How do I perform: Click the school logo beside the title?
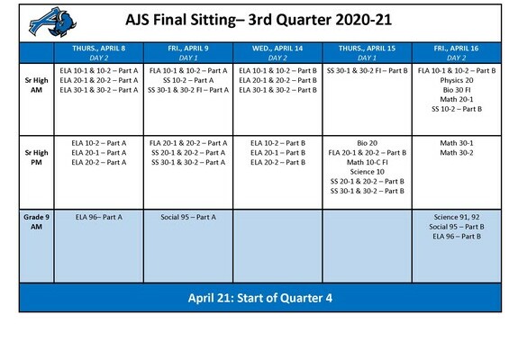tap(53, 22)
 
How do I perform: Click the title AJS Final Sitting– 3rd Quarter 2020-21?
tap(259, 20)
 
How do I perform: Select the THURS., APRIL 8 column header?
tap(99, 53)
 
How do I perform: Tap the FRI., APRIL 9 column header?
tap(188, 53)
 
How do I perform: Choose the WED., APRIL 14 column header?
tap(277, 53)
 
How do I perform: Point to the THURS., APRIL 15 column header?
tap(367, 53)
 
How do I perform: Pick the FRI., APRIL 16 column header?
tap(456, 53)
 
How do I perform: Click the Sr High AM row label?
tap(36, 85)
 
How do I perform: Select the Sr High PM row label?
tap(36, 157)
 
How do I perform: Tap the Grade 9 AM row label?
tap(36, 221)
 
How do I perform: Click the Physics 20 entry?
tap(457, 80)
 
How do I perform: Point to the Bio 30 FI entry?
tap(457, 90)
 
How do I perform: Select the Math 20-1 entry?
tap(457, 99)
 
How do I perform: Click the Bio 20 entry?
tap(367, 143)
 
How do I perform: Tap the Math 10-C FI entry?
tap(367, 162)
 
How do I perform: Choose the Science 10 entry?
tap(367, 172)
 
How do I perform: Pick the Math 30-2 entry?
tap(457, 153)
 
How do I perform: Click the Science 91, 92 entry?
tap(457, 217)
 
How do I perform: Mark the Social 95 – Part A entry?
tap(188, 217)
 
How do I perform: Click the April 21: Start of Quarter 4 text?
tap(260, 298)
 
